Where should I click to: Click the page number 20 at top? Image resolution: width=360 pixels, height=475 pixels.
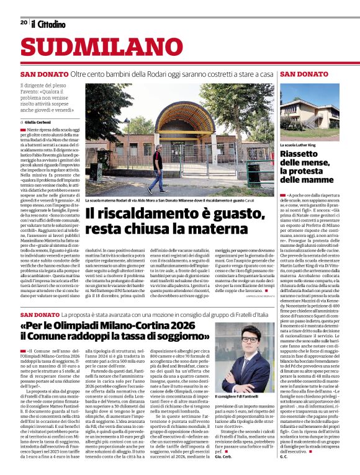23,22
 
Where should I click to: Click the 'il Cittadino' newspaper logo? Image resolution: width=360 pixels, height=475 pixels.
48,24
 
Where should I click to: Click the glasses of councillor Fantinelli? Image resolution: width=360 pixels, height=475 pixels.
250,340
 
